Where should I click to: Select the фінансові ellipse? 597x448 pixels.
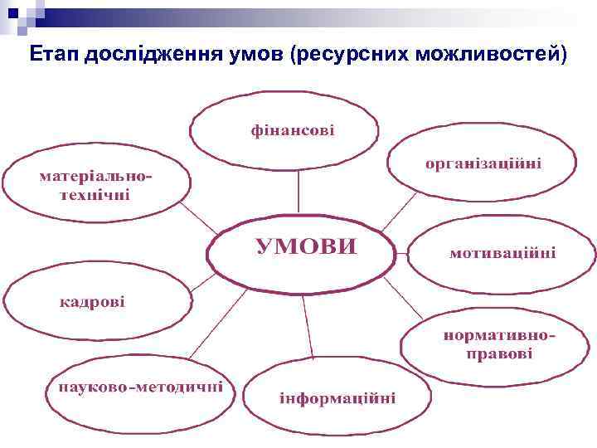(x=284, y=130)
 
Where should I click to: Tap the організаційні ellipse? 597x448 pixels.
(x=482, y=163)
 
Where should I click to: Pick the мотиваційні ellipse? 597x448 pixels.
(x=502, y=252)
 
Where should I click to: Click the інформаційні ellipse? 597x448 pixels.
(x=337, y=397)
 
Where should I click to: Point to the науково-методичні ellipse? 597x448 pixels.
(x=140, y=388)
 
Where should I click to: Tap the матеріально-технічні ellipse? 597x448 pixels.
(x=96, y=187)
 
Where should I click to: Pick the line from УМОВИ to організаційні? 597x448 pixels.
(x=403, y=209)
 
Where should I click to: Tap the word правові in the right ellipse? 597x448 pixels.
(x=499, y=355)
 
